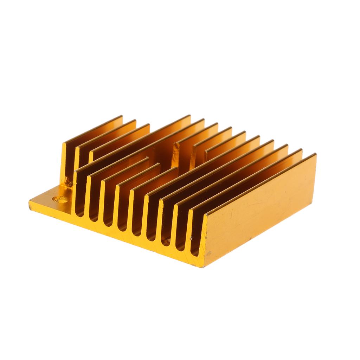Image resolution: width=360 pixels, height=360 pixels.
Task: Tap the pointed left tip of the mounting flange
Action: point(30,202)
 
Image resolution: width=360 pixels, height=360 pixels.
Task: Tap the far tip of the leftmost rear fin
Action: point(122,117)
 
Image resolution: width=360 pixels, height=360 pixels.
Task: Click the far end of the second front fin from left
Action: point(148,159)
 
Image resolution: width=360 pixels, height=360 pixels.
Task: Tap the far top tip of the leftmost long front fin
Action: point(190,116)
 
